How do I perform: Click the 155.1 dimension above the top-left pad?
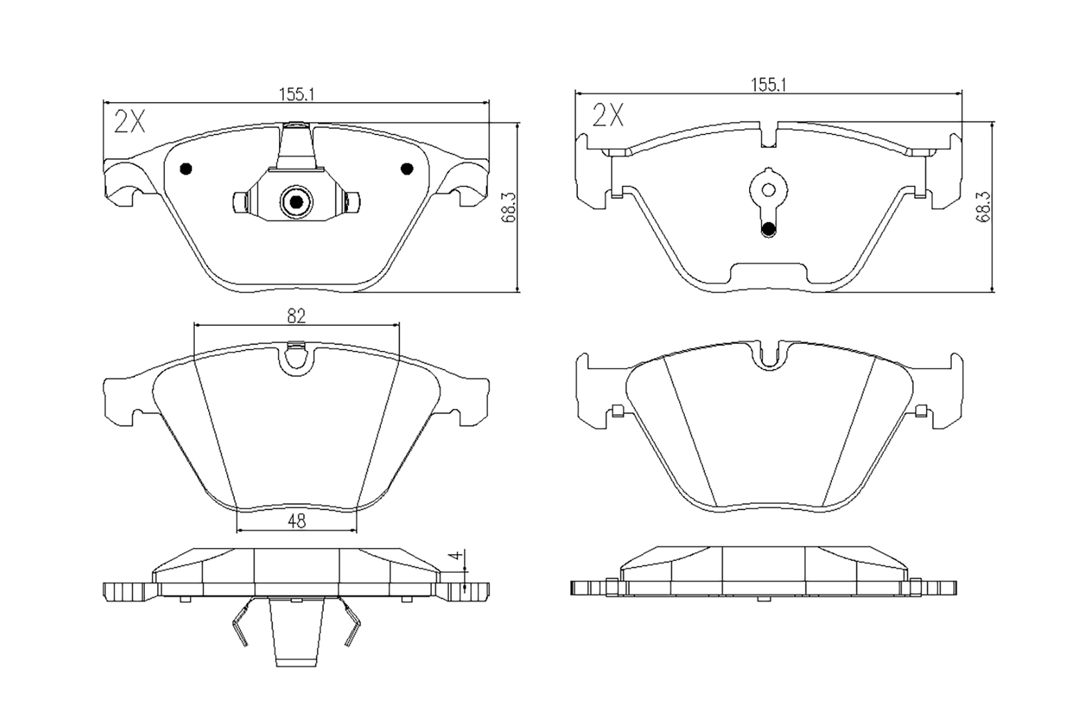coord(297,95)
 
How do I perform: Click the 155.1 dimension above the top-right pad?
coord(768,84)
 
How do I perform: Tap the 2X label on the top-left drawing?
coord(129,122)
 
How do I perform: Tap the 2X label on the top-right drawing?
coord(607,114)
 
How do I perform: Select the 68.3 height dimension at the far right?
coord(982,207)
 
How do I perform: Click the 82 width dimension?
coord(297,316)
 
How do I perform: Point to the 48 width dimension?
coord(297,521)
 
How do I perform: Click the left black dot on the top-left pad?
coord(185,168)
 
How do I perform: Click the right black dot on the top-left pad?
coord(407,168)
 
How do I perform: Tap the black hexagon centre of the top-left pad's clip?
coord(296,202)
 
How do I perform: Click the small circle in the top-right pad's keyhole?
coord(768,189)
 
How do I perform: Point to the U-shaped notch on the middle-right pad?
coord(769,354)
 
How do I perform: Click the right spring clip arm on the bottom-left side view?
coord(352,623)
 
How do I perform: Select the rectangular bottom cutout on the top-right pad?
coord(769,274)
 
